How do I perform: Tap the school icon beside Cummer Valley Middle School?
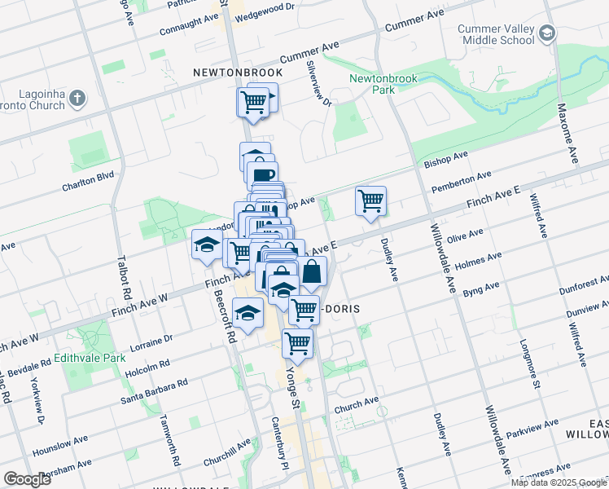coord(547,33)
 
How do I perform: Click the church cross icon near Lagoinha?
coord(77,99)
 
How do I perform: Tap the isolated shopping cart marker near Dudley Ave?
coord(371,200)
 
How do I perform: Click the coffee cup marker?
coord(263,175)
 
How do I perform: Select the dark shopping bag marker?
coord(311,273)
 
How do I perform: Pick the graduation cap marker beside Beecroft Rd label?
coord(248,311)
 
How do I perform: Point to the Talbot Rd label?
coord(125,275)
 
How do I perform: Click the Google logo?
coord(27,479)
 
